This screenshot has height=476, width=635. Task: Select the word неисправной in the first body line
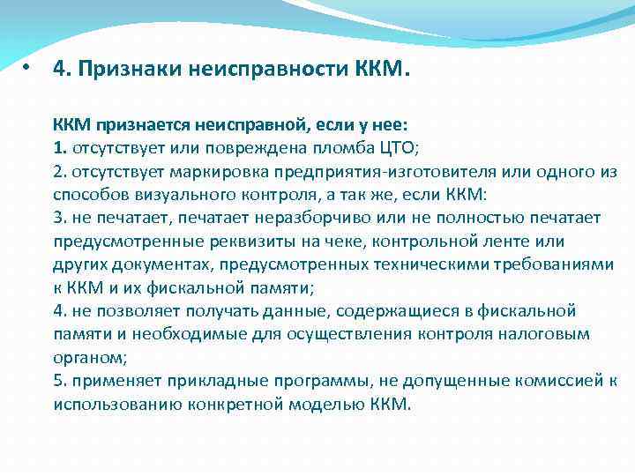(240, 125)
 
